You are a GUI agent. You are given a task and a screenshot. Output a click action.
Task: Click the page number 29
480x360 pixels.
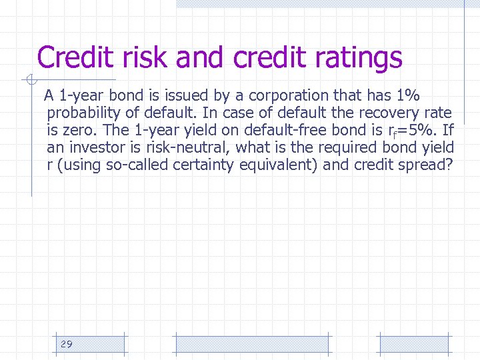[66, 344]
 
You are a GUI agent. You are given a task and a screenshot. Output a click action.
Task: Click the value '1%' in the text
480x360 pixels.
[405, 95]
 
